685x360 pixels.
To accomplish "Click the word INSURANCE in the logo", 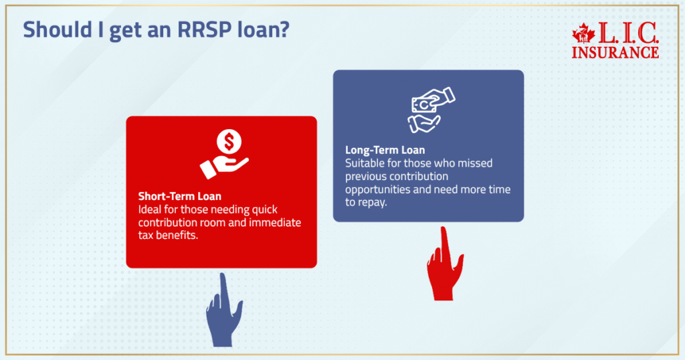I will point(615,52).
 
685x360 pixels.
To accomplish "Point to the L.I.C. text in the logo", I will point(623,33).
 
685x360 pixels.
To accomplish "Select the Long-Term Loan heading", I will point(385,150).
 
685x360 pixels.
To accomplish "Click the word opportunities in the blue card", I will point(377,189).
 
